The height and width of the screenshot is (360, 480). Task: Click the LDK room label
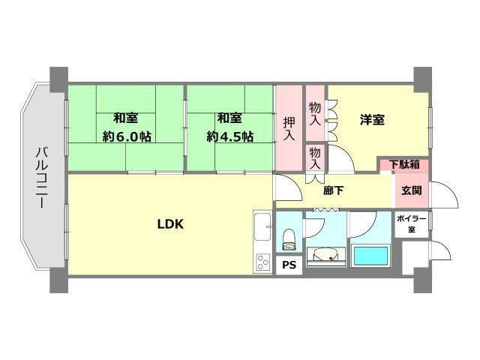pyautogui.click(x=171, y=223)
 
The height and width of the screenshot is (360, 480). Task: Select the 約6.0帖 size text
pyautogui.click(x=127, y=136)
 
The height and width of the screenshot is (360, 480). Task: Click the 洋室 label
pyautogui.click(x=372, y=118)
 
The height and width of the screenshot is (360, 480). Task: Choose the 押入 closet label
pyautogui.click(x=289, y=128)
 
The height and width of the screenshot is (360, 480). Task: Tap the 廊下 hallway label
pyautogui.click(x=334, y=190)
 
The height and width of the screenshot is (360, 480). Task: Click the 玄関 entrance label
pyautogui.click(x=411, y=190)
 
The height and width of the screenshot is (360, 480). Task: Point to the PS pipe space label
pyautogui.click(x=289, y=264)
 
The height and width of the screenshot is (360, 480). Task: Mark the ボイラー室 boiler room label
pyautogui.click(x=411, y=223)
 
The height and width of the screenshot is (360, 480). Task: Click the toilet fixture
pyautogui.click(x=289, y=238)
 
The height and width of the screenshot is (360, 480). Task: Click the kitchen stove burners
pyautogui.click(x=262, y=262)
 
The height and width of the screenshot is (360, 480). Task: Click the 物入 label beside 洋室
pyautogui.click(x=315, y=113)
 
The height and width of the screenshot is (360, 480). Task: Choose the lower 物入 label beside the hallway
pyautogui.click(x=315, y=157)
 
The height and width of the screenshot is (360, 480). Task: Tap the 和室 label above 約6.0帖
pyautogui.click(x=125, y=118)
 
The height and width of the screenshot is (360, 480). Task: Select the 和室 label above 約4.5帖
pyautogui.click(x=229, y=118)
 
